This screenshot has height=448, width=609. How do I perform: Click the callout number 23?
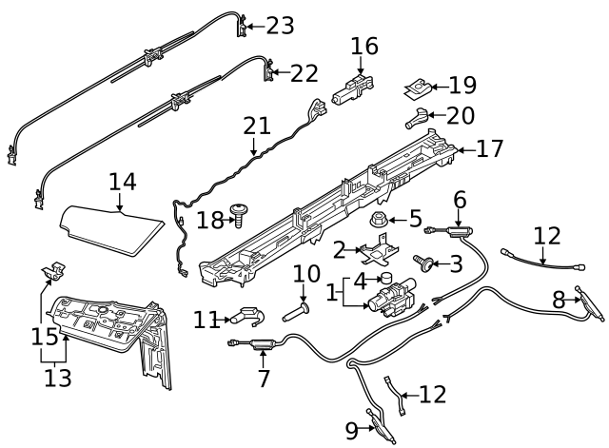tap(280, 26)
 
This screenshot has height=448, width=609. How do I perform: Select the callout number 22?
tap(304, 72)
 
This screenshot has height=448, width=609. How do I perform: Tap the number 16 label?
tap(364, 46)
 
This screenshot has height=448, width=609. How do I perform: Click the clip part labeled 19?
tap(414, 90)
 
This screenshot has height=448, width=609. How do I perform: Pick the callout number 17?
tap(491, 149)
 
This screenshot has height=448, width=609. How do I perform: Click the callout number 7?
tap(264, 378)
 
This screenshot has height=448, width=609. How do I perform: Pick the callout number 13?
tap(57, 379)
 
